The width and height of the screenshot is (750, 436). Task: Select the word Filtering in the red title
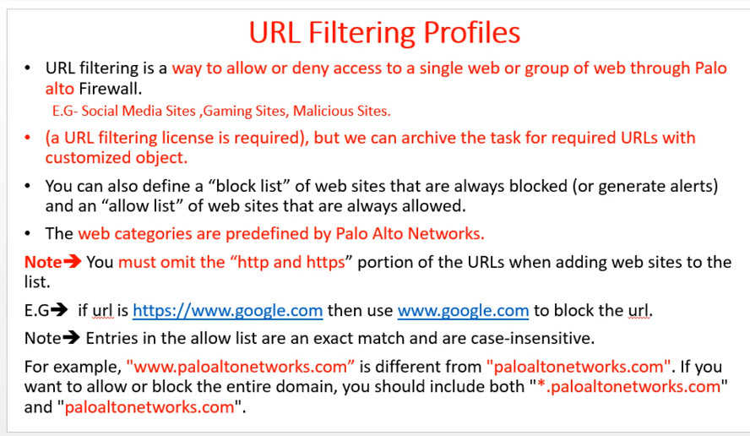tap(361, 34)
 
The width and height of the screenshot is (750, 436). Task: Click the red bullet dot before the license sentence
tap(27, 138)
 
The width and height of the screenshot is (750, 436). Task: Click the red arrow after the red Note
tap(73, 262)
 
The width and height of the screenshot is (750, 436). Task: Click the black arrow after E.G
tap(59, 310)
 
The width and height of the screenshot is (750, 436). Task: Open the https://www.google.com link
tap(228, 311)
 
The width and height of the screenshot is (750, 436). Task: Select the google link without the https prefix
tap(463, 311)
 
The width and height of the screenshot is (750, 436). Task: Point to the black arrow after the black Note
tap(71, 338)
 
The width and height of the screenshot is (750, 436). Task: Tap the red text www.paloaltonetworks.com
tap(240, 367)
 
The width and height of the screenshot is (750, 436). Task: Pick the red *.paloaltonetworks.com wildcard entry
tap(628, 387)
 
